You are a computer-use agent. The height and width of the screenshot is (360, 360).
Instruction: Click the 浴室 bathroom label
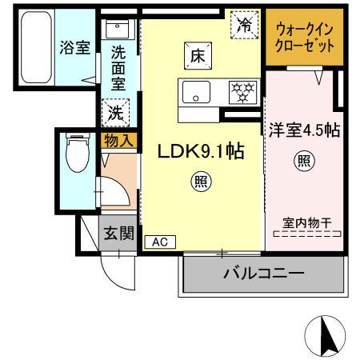coord(74,47)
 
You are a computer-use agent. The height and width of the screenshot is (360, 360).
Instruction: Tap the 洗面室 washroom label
coord(118,69)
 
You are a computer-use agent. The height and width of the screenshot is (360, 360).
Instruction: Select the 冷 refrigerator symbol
coord(245,26)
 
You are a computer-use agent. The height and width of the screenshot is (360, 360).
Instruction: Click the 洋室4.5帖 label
coord(302,130)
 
